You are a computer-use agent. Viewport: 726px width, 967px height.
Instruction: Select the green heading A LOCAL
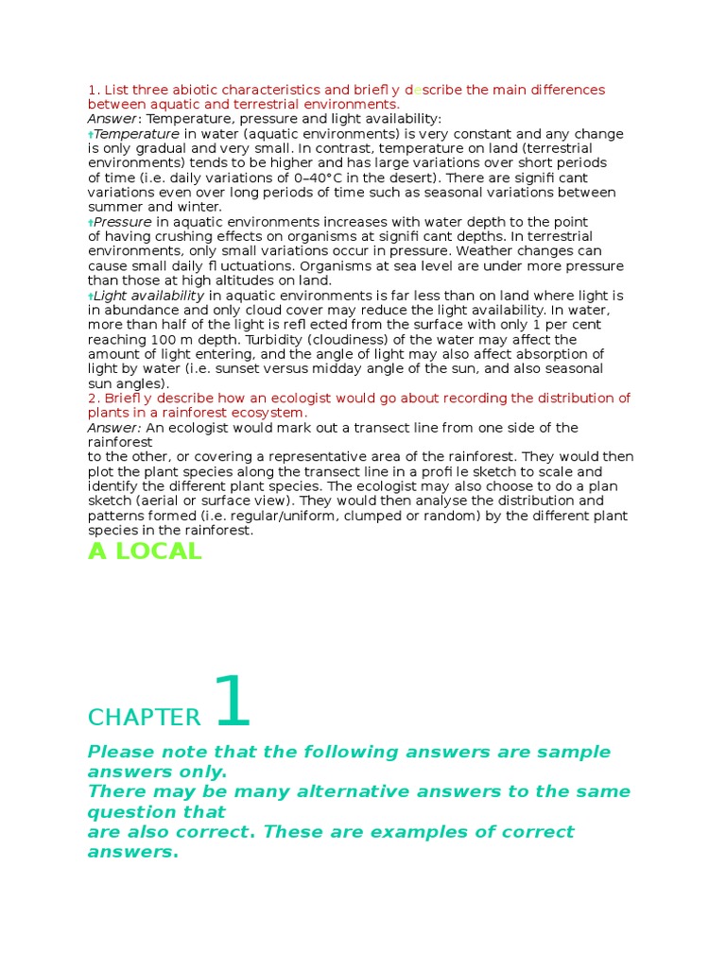click(x=145, y=552)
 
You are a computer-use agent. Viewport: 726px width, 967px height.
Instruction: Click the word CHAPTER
click(x=145, y=718)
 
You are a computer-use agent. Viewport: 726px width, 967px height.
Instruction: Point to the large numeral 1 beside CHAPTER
click(x=233, y=704)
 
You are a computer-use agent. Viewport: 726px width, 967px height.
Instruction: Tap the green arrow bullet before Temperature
click(x=91, y=135)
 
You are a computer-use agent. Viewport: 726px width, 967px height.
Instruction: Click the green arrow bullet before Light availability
click(x=91, y=297)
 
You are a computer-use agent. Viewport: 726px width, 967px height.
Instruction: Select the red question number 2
click(x=93, y=398)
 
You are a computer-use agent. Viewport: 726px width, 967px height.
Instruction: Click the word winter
click(x=199, y=207)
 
